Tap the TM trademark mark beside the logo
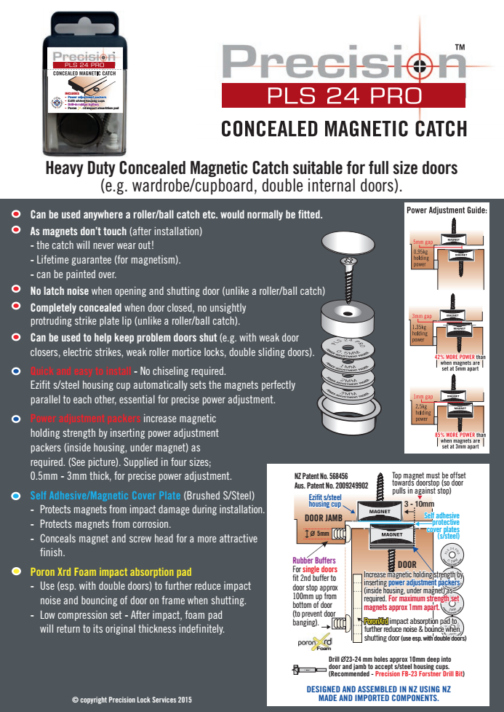(x=459, y=47)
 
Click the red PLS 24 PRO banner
(x=343, y=95)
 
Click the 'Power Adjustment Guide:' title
(x=446, y=210)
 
